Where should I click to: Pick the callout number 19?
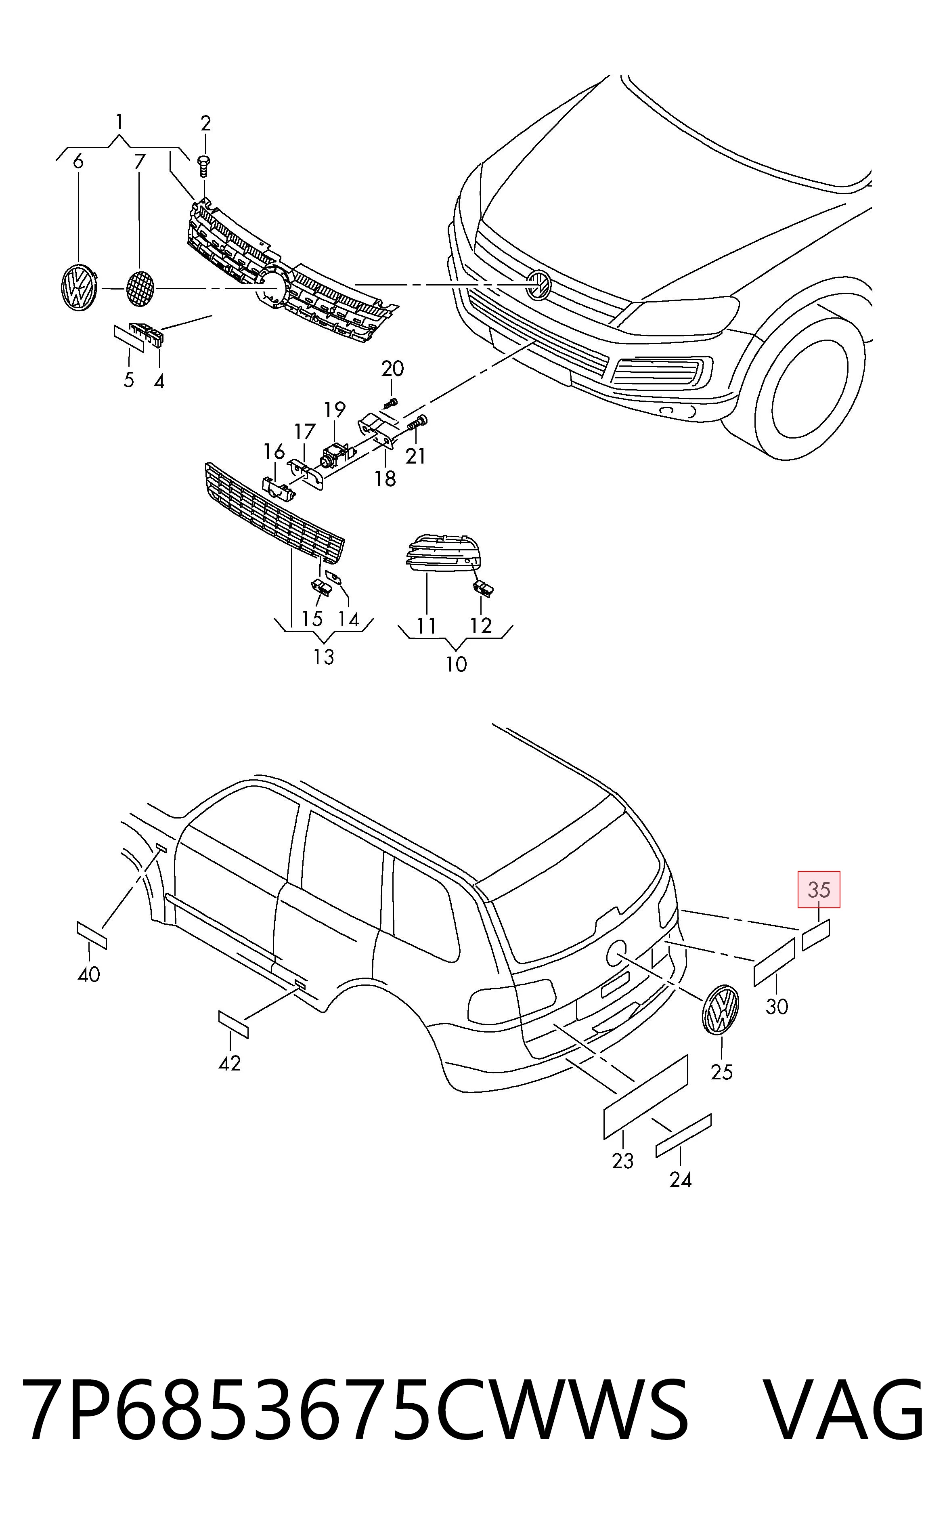coord(335,410)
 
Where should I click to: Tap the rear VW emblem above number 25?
coord(721,1009)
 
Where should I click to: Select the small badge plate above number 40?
coord(92,935)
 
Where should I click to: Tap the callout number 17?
coord(305,432)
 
